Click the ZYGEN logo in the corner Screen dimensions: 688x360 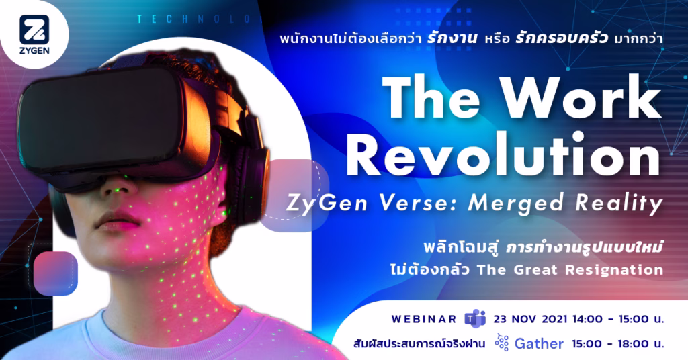pyautogui.click(x=34, y=34)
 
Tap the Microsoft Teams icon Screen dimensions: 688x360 pyautogui.click(x=475, y=319)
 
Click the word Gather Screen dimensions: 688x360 pyautogui.click(x=539, y=343)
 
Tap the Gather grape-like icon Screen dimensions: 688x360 pyautogui.click(x=501, y=343)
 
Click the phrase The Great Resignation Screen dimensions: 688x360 pyautogui.click(x=570, y=269)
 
